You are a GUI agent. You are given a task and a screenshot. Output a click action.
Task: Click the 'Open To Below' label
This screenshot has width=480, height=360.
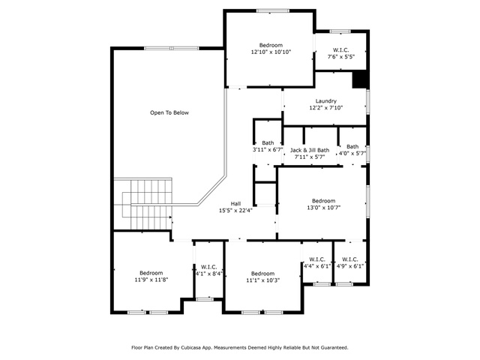[169, 112]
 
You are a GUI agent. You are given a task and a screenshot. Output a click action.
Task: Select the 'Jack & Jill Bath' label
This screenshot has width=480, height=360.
[310, 150]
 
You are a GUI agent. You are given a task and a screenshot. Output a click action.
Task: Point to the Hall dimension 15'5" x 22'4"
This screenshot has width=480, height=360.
[235, 210]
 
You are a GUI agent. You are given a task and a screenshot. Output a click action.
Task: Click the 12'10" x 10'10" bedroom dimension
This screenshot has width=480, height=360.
[271, 52]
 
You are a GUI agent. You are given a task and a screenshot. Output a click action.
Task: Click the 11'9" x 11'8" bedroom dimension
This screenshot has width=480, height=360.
[151, 280]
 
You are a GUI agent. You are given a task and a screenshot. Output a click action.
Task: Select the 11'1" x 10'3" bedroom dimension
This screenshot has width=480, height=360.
[262, 280]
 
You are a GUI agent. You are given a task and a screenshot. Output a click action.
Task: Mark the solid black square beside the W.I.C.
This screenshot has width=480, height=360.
[360, 79]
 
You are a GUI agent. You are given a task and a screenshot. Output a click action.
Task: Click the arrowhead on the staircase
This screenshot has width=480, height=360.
[169, 217]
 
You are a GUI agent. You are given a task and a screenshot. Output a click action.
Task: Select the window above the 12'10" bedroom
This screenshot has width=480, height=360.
[273, 11]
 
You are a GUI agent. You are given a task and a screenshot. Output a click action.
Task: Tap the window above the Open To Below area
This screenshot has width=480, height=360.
[172, 48]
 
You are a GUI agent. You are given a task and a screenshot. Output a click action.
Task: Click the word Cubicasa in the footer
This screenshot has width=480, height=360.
[191, 348]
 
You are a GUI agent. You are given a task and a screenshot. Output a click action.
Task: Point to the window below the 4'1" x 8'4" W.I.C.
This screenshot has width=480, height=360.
[205, 298]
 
